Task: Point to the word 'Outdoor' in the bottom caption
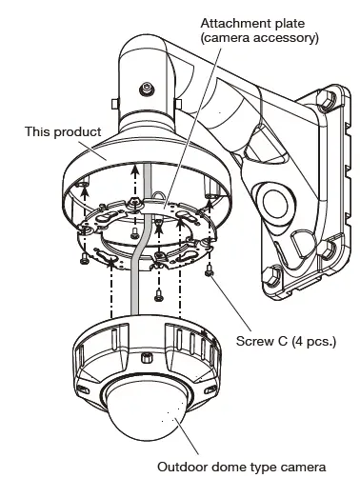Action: pos(180,467)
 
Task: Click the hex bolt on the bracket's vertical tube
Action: pos(147,90)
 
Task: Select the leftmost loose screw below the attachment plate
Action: pos(86,255)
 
